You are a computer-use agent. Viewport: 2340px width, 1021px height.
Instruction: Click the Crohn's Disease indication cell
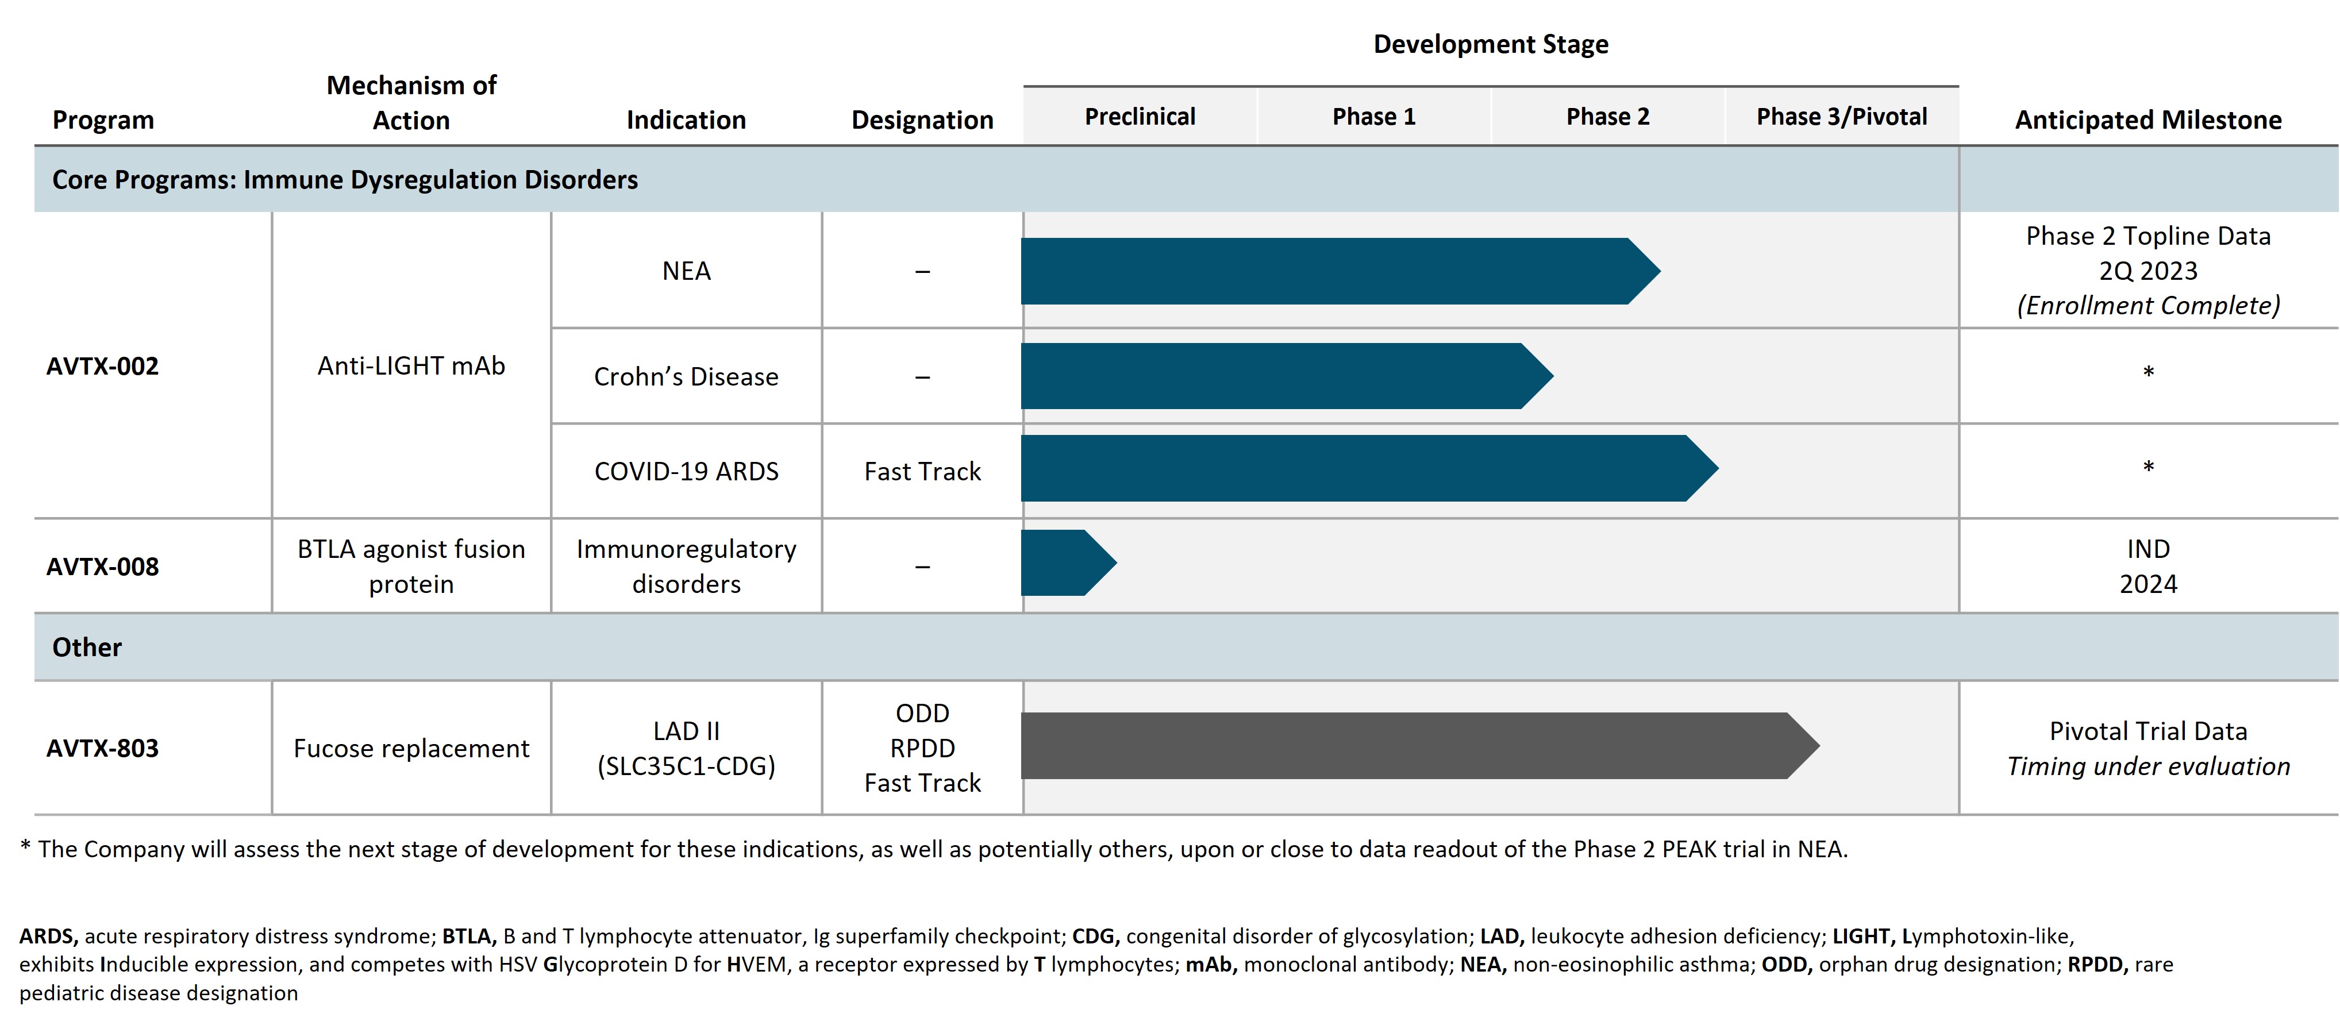[686, 376]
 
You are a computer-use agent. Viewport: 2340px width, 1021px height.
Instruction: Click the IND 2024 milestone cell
[2147, 566]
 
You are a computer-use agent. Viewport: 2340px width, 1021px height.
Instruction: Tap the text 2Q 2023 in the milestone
[2147, 271]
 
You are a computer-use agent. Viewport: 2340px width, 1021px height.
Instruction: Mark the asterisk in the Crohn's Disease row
[2147, 372]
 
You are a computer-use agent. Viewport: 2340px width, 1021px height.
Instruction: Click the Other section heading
[87, 647]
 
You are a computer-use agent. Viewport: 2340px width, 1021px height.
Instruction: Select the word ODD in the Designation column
[922, 713]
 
